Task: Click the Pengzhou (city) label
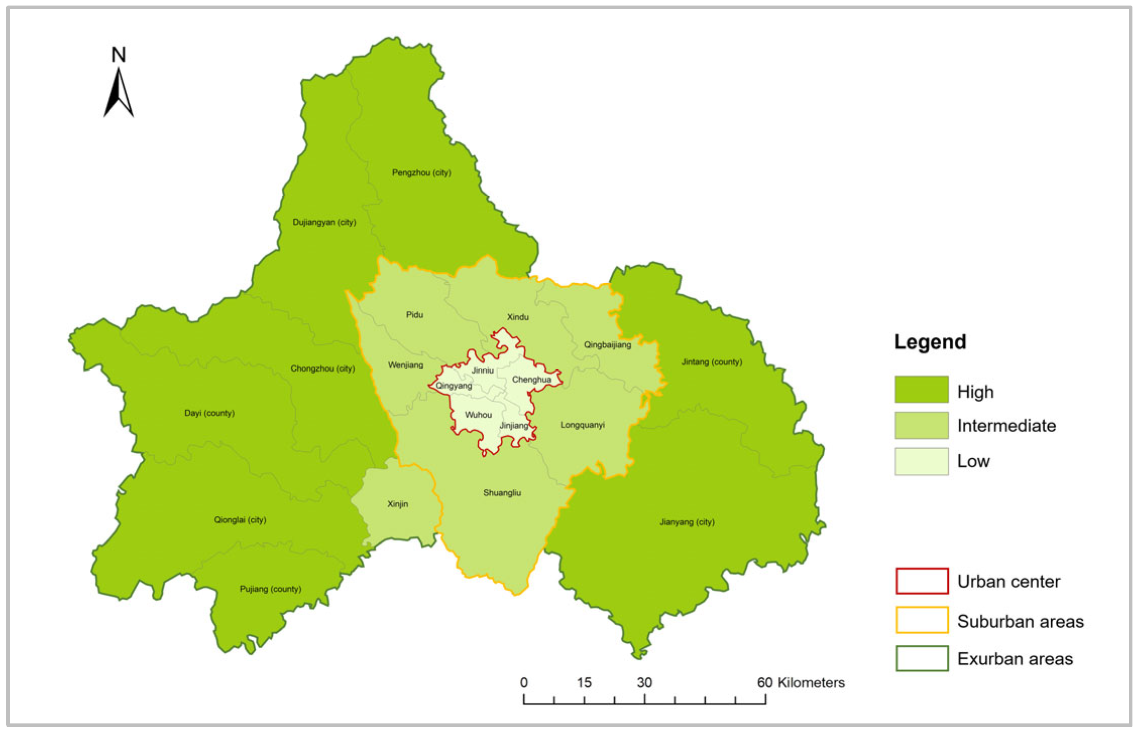[421, 172]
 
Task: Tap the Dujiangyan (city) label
[324, 222]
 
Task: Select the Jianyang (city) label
[687, 522]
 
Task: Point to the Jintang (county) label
[711, 361]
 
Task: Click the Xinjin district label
[397, 504]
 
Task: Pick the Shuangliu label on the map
[502, 493]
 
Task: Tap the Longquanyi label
[582, 425]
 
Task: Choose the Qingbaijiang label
[607, 345]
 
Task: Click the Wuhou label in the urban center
[478, 415]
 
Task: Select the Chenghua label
[531, 380]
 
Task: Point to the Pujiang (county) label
[270, 589]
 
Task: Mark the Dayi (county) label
[209, 413]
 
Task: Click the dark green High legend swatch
[921, 389]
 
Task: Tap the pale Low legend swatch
[921, 461]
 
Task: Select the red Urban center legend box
[922, 581]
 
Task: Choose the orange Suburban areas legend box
[922, 620]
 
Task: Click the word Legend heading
[930, 342]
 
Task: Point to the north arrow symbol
[119, 93]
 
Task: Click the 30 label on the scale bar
[644, 683]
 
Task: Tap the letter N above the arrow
[119, 54]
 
